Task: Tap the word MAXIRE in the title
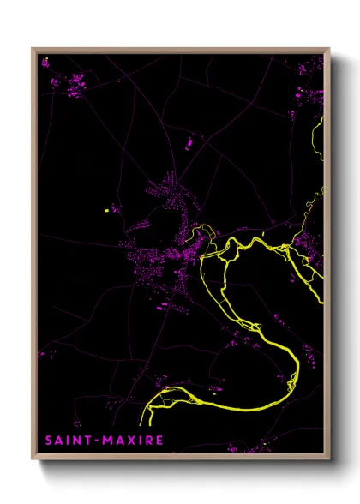[x=132, y=441]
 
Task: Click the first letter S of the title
[x=49, y=441]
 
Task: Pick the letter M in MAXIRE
[x=106, y=441]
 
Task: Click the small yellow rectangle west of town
[x=108, y=208]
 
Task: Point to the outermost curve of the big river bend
[x=297, y=364]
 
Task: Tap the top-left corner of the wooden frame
[x=33, y=49]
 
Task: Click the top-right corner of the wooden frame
[x=328, y=49]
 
